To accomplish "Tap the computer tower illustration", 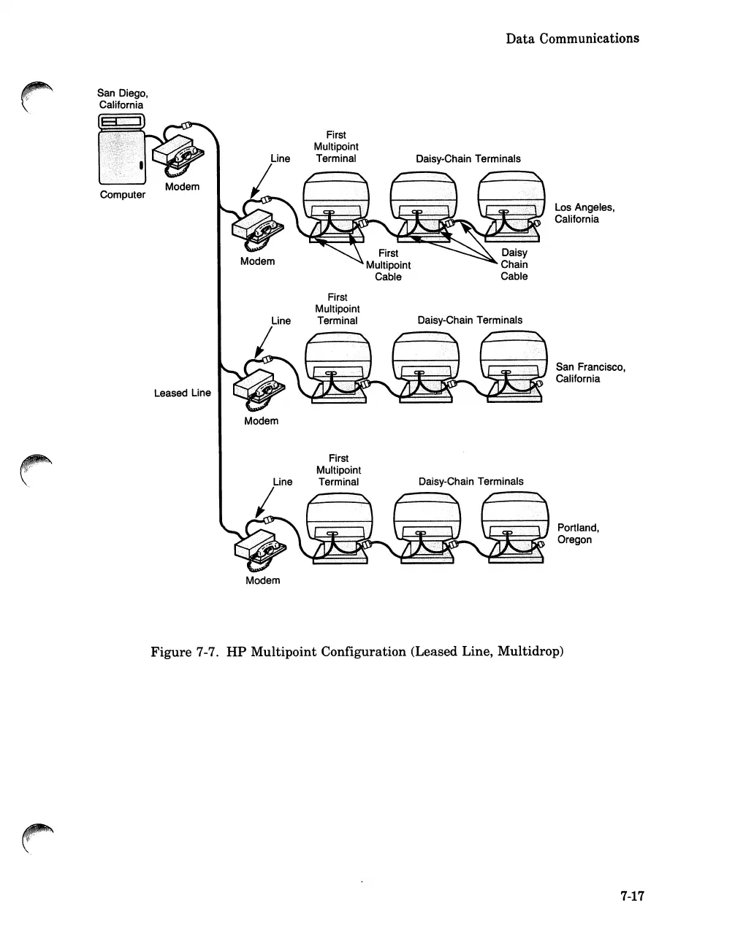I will click(x=121, y=150).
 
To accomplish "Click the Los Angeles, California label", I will click(x=584, y=213).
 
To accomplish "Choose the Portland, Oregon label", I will click(x=578, y=534).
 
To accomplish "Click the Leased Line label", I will click(x=182, y=393).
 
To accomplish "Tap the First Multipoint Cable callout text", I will click(x=388, y=265).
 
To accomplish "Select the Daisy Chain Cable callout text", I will click(x=514, y=264).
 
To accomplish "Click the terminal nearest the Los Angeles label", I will click(x=511, y=204).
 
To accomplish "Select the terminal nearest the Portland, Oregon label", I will click(x=514, y=527).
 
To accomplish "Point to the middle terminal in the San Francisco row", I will click(x=424, y=365).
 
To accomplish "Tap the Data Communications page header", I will click(x=572, y=38).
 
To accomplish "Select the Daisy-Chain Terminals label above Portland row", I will click(x=471, y=481).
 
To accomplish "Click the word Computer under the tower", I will click(x=122, y=194).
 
